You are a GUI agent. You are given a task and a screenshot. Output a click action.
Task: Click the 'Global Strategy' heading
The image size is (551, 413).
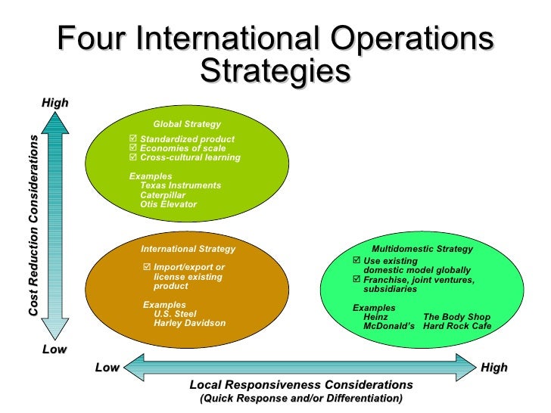187,124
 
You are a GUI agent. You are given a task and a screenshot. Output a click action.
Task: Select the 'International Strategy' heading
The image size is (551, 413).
188,249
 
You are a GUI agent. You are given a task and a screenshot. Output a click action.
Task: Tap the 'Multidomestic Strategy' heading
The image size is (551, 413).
422,249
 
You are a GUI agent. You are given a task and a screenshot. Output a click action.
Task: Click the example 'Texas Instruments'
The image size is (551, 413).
180,185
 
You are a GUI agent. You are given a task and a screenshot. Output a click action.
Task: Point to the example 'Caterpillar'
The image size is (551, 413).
163,195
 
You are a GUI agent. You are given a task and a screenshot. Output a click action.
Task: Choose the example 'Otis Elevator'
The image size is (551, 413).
168,204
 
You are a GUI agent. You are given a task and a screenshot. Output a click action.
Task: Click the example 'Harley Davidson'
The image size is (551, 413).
189,323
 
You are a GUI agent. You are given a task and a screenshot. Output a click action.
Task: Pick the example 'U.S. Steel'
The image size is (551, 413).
175,314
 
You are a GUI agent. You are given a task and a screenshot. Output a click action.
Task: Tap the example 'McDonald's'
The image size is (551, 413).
389,326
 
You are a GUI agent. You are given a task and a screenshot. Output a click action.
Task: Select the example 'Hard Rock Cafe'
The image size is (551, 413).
457,326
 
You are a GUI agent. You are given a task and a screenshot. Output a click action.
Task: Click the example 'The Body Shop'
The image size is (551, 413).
456,317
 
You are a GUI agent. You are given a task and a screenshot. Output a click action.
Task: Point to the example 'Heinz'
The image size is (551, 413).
376,317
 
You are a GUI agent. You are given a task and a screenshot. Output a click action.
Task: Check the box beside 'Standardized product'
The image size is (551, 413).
134,139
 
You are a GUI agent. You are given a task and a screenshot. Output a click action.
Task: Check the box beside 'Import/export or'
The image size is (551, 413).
147,267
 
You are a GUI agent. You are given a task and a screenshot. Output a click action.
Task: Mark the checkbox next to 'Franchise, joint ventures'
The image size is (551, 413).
357,280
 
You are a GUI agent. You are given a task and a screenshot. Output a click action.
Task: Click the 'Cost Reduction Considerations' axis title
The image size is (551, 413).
33,226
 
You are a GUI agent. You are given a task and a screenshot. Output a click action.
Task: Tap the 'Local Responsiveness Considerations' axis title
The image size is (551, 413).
300,384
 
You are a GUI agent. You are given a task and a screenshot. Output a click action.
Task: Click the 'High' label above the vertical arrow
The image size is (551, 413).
54,102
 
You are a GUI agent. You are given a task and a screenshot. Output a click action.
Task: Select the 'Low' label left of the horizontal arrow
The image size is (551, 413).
107,368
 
